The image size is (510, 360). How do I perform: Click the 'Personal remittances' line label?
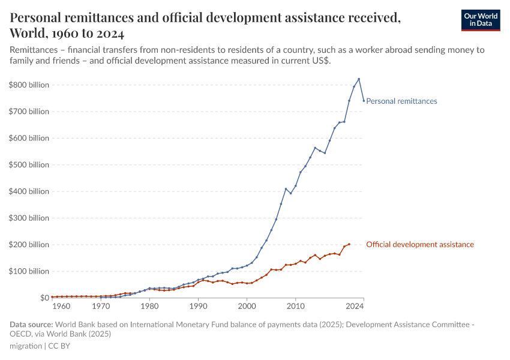coord(401,101)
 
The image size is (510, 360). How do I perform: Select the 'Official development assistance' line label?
coord(419,244)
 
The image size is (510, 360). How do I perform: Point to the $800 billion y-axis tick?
coord(29,85)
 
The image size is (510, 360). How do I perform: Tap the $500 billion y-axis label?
coord(29,165)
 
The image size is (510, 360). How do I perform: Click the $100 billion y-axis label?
coord(29,271)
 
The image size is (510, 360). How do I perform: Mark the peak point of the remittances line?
coord(359,79)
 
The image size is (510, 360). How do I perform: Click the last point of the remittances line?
coord(364,101)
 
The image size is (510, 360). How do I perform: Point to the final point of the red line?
coord(349,244)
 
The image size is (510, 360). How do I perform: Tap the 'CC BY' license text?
coord(59,346)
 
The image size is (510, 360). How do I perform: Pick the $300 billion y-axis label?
coord(29,218)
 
